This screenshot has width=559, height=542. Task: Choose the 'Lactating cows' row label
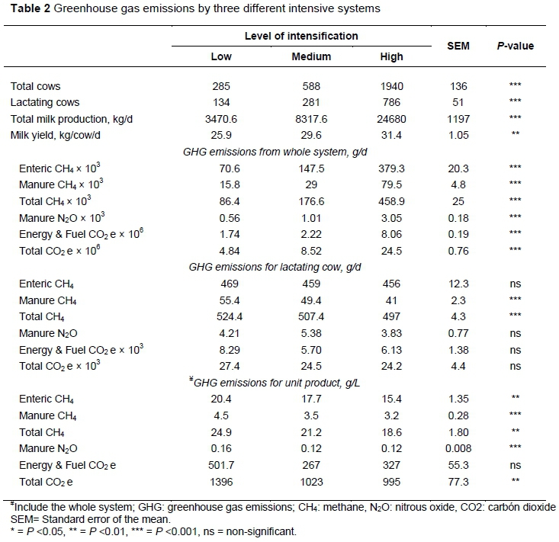(x=45, y=102)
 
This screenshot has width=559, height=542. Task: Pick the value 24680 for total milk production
(x=392, y=119)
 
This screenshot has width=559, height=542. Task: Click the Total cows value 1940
(x=392, y=85)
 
